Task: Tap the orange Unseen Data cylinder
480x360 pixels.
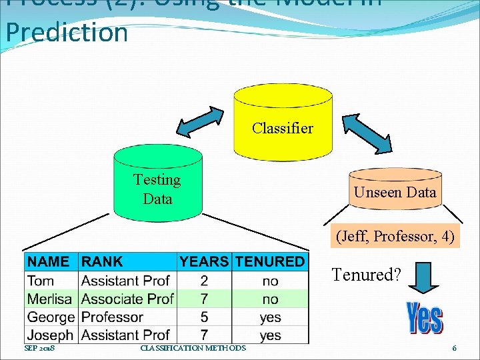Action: (x=395, y=193)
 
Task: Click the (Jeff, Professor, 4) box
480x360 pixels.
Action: (x=396, y=236)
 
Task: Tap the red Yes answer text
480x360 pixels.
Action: (x=424, y=319)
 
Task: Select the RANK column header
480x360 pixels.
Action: (x=102, y=262)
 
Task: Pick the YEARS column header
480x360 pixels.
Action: (x=204, y=262)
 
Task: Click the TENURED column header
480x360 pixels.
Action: (x=269, y=262)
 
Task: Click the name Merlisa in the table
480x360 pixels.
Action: (x=51, y=299)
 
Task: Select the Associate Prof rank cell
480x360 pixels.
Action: (x=127, y=299)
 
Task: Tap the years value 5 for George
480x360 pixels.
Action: (x=204, y=317)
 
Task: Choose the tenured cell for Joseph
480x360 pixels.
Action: (x=270, y=335)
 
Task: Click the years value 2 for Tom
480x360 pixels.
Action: (x=204, y=281)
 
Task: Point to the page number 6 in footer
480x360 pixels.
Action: (x=454, y=348)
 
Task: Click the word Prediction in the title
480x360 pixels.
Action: (x=67, y=32)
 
